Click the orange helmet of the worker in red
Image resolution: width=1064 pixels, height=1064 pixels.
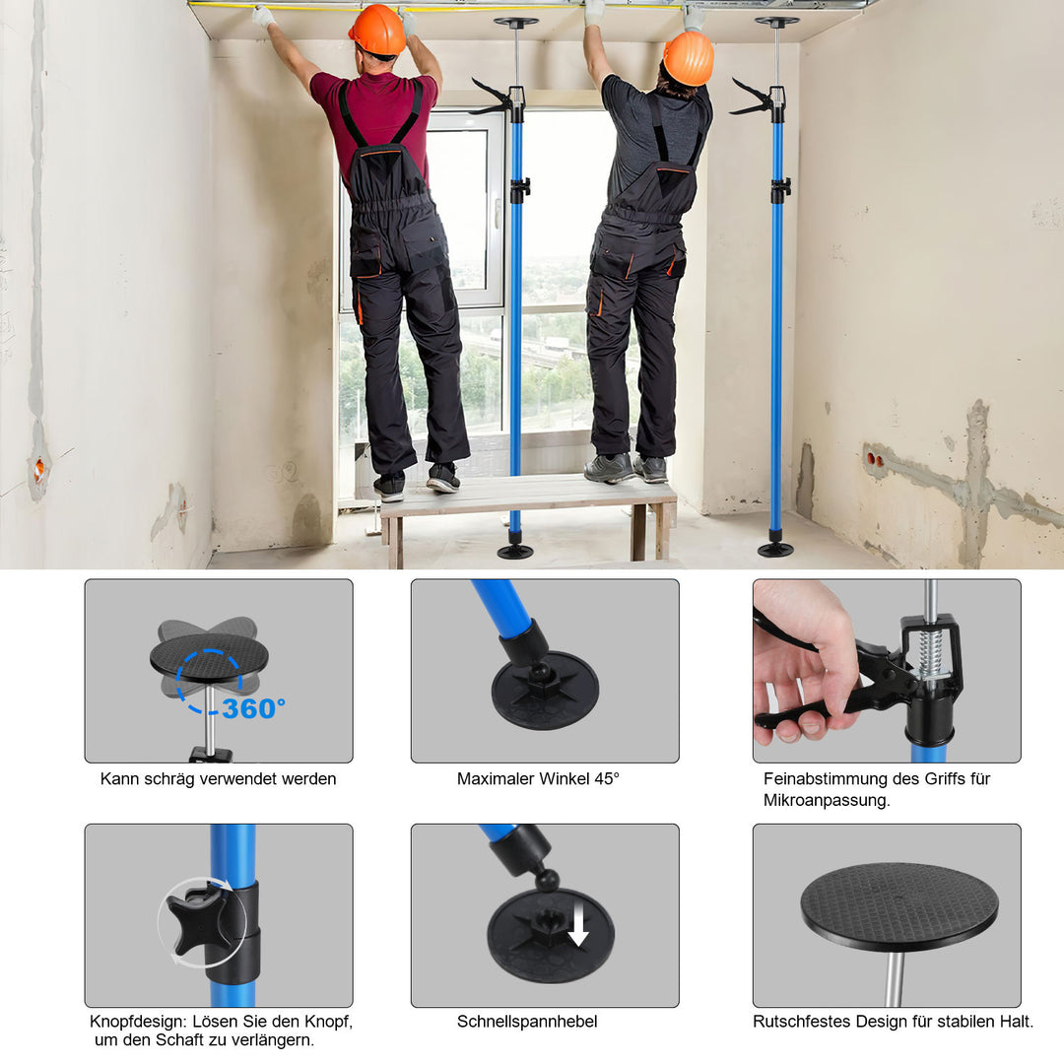[x=376, y=30]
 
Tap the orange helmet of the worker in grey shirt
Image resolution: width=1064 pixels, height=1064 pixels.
[x=688, y=57]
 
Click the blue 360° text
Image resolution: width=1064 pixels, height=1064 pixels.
[x=253, y=707]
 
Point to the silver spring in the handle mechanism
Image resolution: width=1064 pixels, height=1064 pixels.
[x=928, y=651]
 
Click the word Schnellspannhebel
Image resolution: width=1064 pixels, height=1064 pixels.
[x=527, y=1022]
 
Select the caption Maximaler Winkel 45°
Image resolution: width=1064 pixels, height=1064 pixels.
[x=538, y=778]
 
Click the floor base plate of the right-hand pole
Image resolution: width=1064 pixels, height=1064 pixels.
[x=775, y=549]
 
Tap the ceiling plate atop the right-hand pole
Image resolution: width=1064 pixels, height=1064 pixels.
[x=777, y=21]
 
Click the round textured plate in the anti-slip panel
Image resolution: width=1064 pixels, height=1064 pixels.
[x=898, y=905]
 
